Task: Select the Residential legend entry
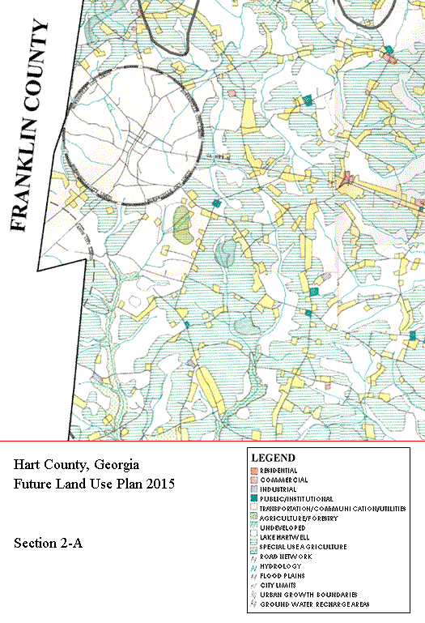[x=278, y=471]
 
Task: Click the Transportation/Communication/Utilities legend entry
[x=332, y=509]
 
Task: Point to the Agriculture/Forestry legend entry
[x=299, y=518]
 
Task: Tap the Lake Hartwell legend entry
[x=284, y=537]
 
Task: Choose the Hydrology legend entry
[x=279, y=566]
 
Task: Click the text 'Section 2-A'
[x=48, y=543]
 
